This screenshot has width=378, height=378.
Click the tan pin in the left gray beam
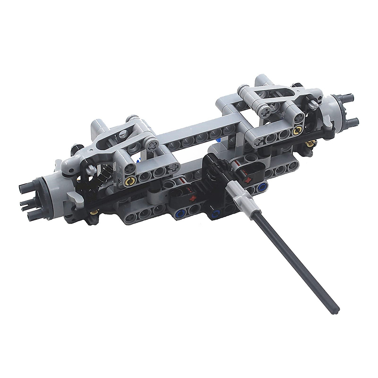(129, 181)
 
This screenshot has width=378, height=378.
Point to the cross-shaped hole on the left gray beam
(173, 167)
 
